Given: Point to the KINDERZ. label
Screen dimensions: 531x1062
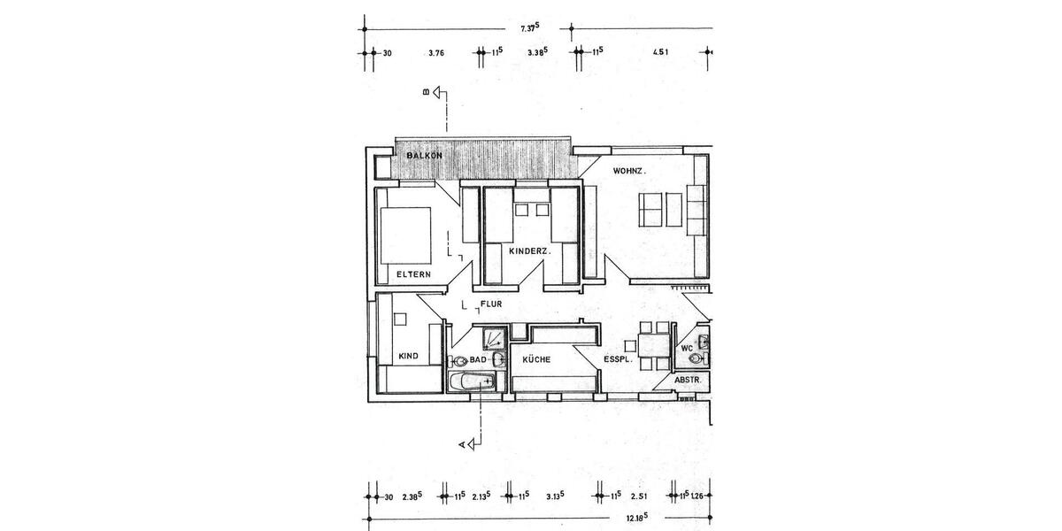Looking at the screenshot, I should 530,252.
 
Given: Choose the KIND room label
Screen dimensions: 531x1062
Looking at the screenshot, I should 408,356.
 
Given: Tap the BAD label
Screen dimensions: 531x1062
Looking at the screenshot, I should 479,360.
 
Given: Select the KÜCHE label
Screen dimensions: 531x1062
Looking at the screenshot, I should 536,360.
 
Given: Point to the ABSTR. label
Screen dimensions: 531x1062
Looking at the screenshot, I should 689,380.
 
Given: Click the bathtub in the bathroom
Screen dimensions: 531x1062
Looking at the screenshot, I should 473,381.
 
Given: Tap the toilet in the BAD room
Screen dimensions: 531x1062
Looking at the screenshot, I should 458,361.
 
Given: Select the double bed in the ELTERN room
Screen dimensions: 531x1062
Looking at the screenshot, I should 406,235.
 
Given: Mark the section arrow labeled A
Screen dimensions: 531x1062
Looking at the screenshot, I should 471,442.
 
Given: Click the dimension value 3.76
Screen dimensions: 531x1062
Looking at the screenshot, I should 435,53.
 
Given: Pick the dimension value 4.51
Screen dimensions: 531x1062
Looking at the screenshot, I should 659,53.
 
